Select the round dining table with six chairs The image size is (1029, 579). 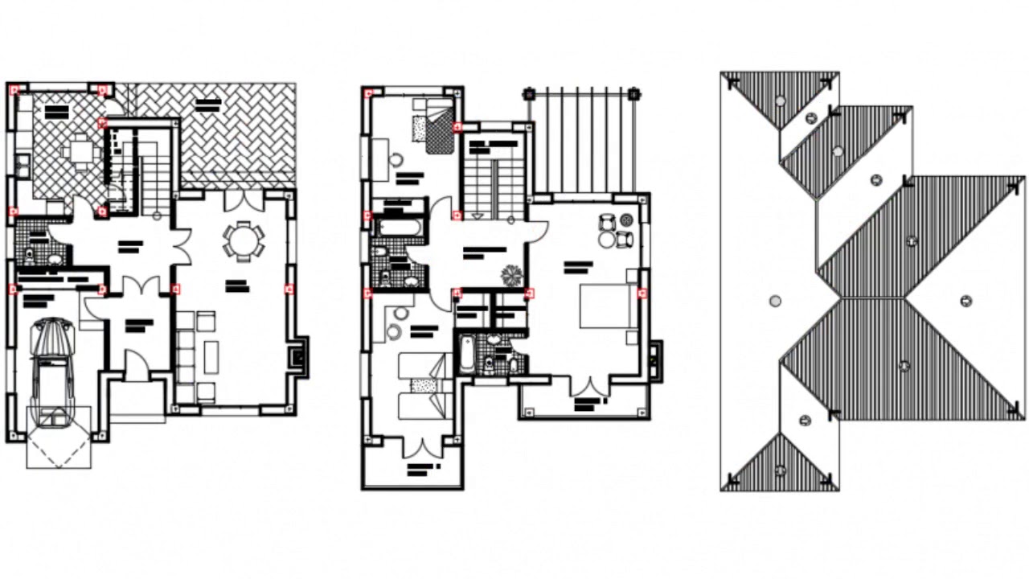click(242, 240)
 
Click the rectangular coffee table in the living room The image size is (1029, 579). click(211, 356)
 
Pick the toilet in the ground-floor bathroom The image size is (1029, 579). click(30, 257)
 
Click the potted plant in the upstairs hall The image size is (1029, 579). click(511, 274)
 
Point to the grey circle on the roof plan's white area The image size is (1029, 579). click(775, 302)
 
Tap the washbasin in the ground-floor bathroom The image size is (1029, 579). click(53, 260)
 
